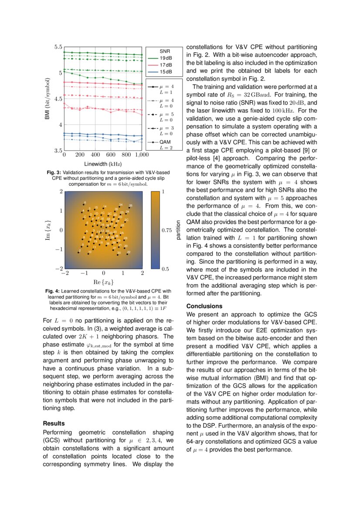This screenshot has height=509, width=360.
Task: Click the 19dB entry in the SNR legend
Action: coord(165,58)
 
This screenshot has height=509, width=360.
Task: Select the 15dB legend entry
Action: coord(165,72)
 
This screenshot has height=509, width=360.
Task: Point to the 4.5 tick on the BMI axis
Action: coord(58,99)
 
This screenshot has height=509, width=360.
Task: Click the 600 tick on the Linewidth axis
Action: coord(111,155)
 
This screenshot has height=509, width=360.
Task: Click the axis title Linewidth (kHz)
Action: coord(103,164)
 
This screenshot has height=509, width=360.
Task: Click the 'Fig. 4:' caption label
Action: coord(53,290)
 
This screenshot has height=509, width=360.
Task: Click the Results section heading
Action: coord(54,423)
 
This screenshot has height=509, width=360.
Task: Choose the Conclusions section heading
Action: coord(204,306)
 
